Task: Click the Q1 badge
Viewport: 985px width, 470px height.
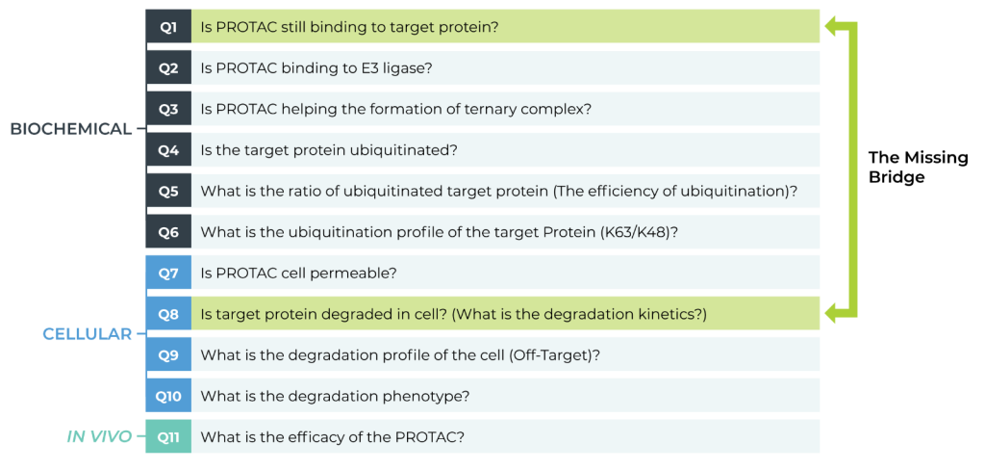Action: (168, 26)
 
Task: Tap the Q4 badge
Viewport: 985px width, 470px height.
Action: (168, 149)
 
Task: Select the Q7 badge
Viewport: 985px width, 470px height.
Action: (168, 274)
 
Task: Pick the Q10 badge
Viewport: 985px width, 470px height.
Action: (168, 396)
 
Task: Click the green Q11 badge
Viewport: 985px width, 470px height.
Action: (168, 436)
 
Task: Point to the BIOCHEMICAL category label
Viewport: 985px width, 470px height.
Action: (70, 129)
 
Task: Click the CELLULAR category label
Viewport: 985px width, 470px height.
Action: (88, 334)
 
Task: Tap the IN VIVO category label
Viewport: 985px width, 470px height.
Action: (99, 436)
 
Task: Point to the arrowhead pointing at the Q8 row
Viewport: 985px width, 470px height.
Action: (834, 313)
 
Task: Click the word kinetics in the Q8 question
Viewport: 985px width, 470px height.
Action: (673, 314)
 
